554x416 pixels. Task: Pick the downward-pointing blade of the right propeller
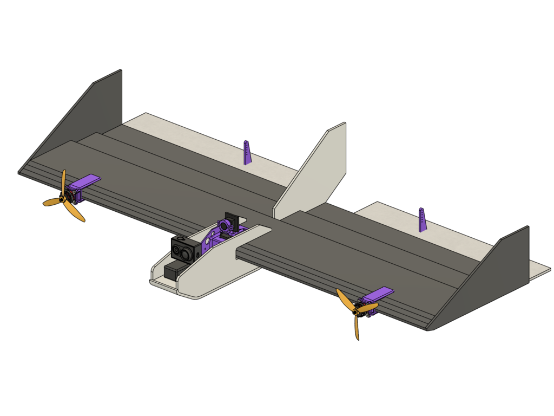(x=357, y=328)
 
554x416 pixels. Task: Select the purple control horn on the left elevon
(x=247, y=153)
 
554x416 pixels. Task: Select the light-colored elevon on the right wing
(x=433, y=227)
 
